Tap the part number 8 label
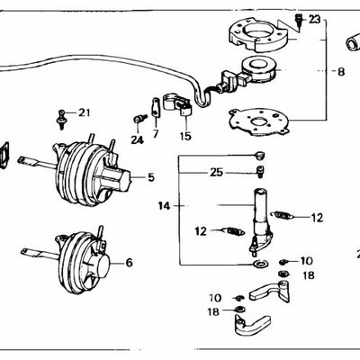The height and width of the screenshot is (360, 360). [x=340, y=70]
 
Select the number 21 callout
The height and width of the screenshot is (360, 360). [x=84, y=112]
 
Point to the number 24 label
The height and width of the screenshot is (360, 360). [x=136, y=139]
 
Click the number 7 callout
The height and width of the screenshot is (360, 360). [x=155, y=134]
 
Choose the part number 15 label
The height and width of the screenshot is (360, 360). [x=184, y=136]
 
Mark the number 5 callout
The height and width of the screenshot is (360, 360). [x=151, y=177]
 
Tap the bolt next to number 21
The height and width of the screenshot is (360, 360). [x=63, y=114]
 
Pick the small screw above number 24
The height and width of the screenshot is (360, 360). [x=138, y=119]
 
